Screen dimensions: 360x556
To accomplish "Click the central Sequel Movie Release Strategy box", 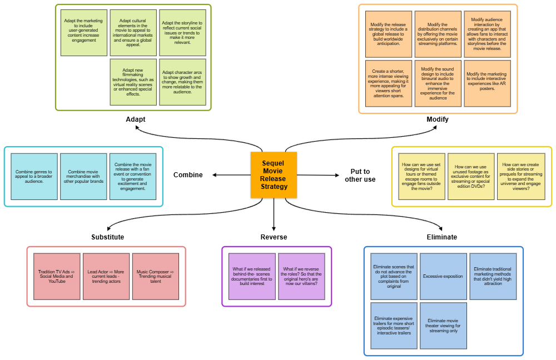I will click(x=274, y=175).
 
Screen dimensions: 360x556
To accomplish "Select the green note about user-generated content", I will click(x=84, y=33).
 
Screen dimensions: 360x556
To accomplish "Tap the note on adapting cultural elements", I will click(x=133, y=33).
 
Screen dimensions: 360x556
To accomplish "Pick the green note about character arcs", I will click(x=182, y=82).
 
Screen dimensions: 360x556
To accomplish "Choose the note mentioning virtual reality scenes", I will click(x=133, y=82).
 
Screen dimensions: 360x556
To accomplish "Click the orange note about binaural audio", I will click(x=438, y=83).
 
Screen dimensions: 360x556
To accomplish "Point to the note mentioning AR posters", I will click(x=487, y=83).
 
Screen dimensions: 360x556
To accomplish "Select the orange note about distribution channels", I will click(x=438, y=34).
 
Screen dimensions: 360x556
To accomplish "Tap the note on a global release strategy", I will click(x=389, y=34).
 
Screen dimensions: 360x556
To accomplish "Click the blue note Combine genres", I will click(x=34, y=177).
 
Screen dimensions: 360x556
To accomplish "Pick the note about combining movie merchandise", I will click(x=83, y=177).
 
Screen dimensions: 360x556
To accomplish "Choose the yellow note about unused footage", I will click(x=471, y=177).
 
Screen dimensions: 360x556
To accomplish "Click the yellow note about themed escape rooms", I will click(x=422, y=177).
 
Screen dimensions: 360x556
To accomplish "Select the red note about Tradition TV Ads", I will click(x=57, y=277).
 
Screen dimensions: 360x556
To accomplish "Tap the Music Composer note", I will click(x=156, y=277).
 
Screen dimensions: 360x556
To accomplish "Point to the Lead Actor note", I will click(x=106, y=277).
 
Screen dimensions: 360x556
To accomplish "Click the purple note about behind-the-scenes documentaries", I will click(x=252, y=277).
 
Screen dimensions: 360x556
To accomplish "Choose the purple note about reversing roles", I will click(x=301, y=277).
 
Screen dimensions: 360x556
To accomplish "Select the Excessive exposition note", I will click(x=443, y=277).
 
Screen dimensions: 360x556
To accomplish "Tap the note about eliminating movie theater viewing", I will click(x=443, y=326).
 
